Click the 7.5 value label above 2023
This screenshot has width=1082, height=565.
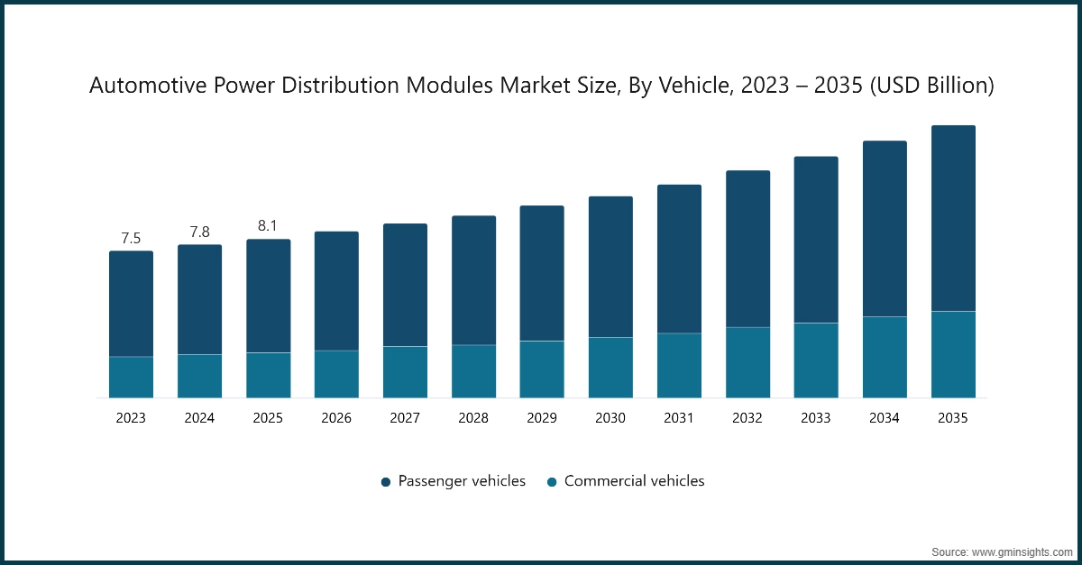point(131,239)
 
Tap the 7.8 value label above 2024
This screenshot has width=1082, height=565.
point(199,232)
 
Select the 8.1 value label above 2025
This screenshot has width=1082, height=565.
point(268,226)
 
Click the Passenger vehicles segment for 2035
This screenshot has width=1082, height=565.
point(953,218)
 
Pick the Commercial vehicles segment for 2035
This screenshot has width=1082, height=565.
point(953,354)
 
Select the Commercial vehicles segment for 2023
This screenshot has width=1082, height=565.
point(131,377)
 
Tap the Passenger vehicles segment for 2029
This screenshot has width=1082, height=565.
point(542,273)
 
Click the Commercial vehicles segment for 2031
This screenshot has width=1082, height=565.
point(679,365)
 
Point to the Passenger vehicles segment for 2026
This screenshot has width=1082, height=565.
point(336,291)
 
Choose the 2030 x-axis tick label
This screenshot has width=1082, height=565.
point(610,418)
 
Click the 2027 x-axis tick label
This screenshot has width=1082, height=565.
point(405,418)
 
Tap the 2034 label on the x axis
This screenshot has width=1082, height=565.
point(885,418)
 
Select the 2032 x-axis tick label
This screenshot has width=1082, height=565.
point(747,418)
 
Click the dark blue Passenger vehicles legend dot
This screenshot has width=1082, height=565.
point(385,482)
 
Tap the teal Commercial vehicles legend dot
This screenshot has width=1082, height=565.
point(551,482)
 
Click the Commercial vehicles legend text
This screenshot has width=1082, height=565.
point(634,481)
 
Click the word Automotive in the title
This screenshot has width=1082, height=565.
point(144,86)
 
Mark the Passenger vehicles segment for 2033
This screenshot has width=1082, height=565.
point(816,240)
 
